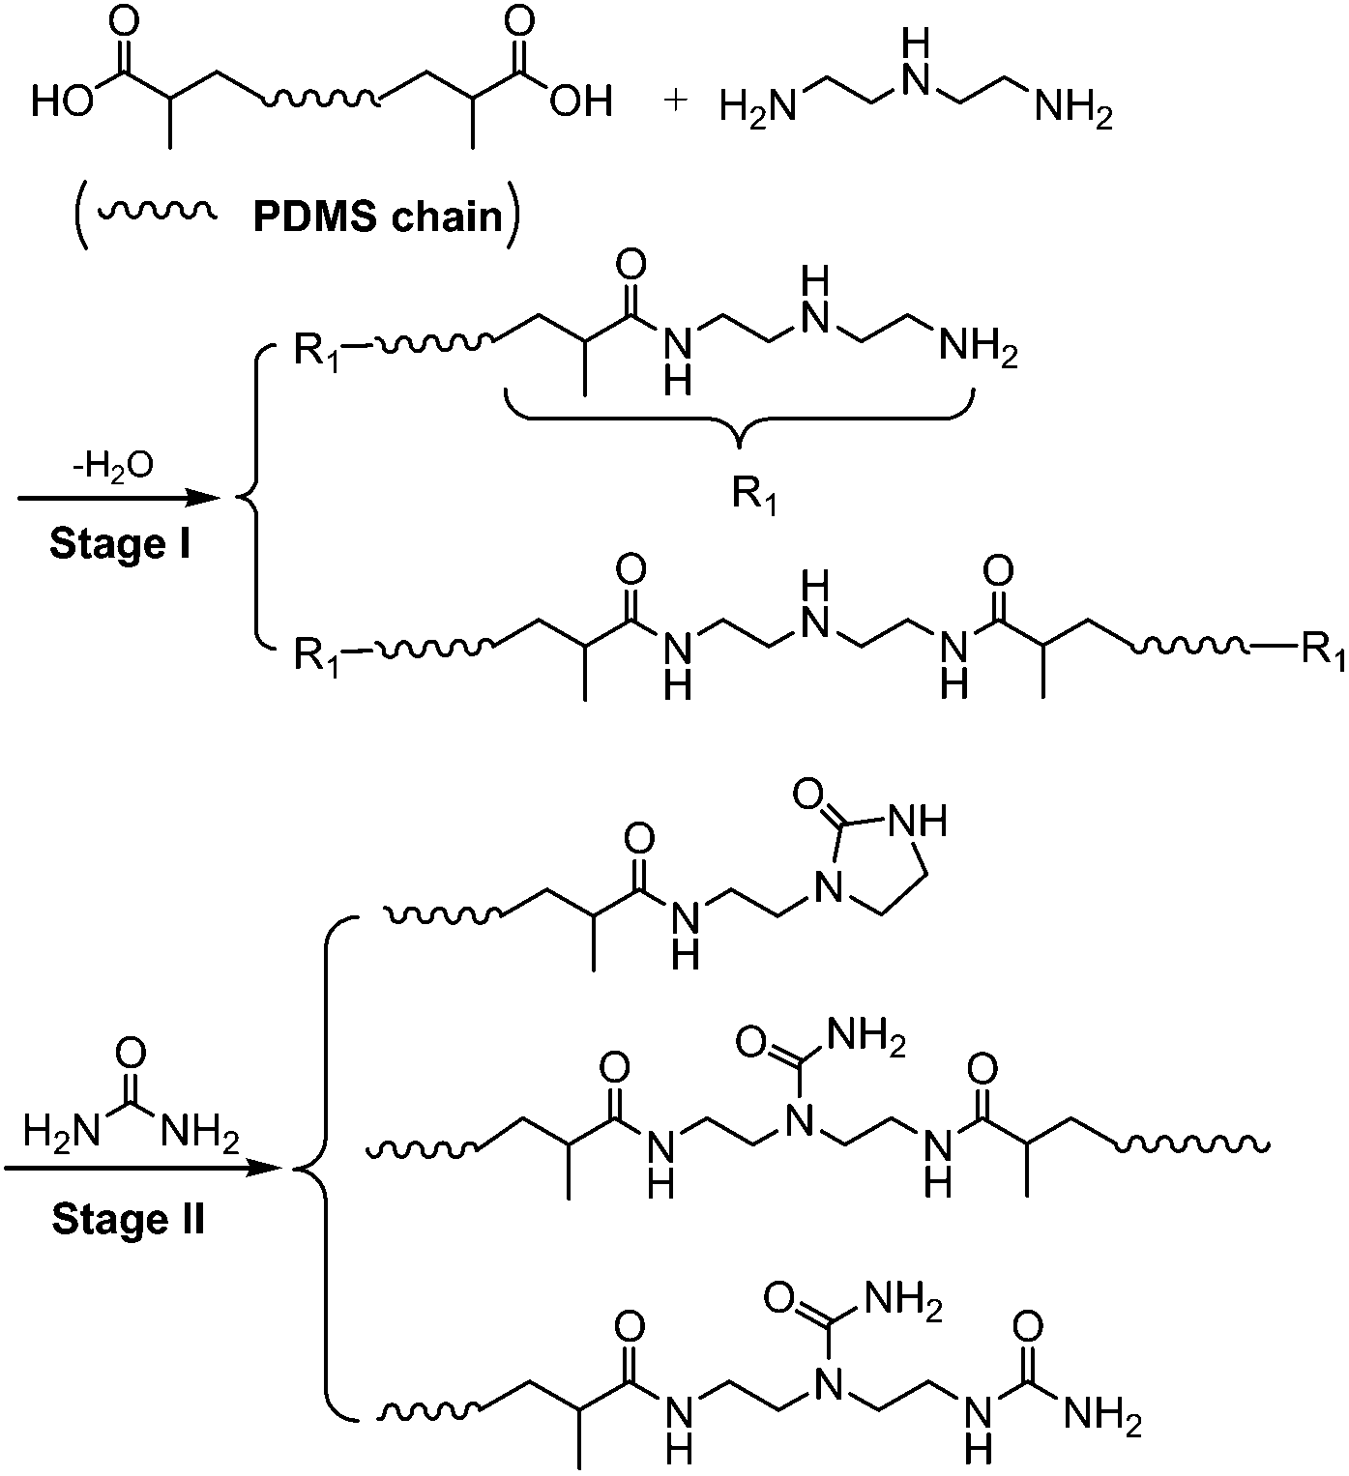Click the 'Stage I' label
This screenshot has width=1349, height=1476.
click(120, 543)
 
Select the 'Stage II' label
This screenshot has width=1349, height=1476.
click(128, 1219)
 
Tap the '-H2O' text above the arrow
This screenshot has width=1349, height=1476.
click(117, 468)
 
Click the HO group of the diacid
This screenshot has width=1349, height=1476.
click(63, 101)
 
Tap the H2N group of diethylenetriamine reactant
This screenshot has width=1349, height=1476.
click(757, 106)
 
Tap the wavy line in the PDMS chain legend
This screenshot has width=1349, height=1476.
click(155, 213)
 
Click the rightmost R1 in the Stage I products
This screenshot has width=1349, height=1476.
click(1318, 650)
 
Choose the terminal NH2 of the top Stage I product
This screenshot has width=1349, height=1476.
click(978, 353)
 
